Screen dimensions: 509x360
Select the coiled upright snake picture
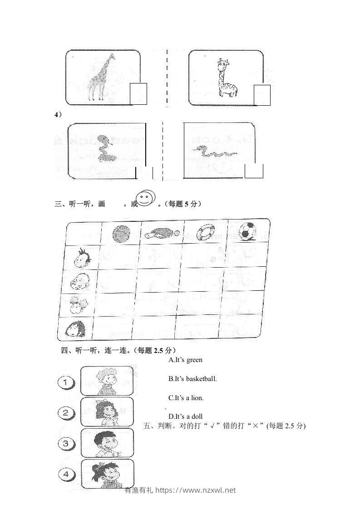click(106, 149)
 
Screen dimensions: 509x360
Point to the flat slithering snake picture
click(214, 152)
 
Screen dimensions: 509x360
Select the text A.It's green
click(185, 360)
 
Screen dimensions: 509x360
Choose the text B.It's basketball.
click(192, 378)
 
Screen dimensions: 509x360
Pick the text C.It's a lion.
click(186, 398)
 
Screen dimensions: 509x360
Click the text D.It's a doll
click(185, 416)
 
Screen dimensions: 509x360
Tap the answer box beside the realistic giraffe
click(138, 94)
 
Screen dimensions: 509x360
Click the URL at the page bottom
click(196, 490)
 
